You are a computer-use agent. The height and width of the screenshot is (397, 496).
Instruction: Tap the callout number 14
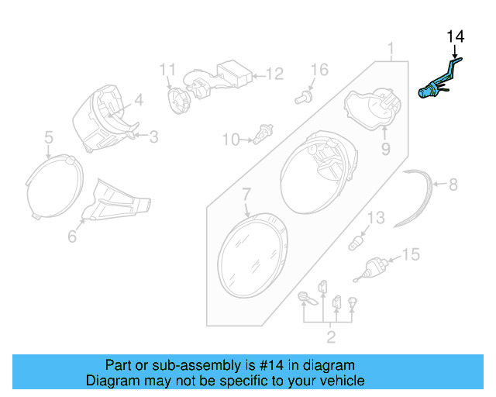pyautogui.click(x=455, y=36)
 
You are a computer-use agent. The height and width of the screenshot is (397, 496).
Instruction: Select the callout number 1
pyautogui.click(x=391, y=51)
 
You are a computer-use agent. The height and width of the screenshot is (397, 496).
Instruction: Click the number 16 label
pyautogui.click(x=320, y=71)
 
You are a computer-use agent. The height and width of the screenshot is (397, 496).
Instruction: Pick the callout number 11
pyautogui.click(x=169, y=71)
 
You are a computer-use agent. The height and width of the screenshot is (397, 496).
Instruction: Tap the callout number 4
pyautogui.click(x=139, y=99)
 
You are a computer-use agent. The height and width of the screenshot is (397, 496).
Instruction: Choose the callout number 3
pyautogui.click(x=153, y=137)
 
